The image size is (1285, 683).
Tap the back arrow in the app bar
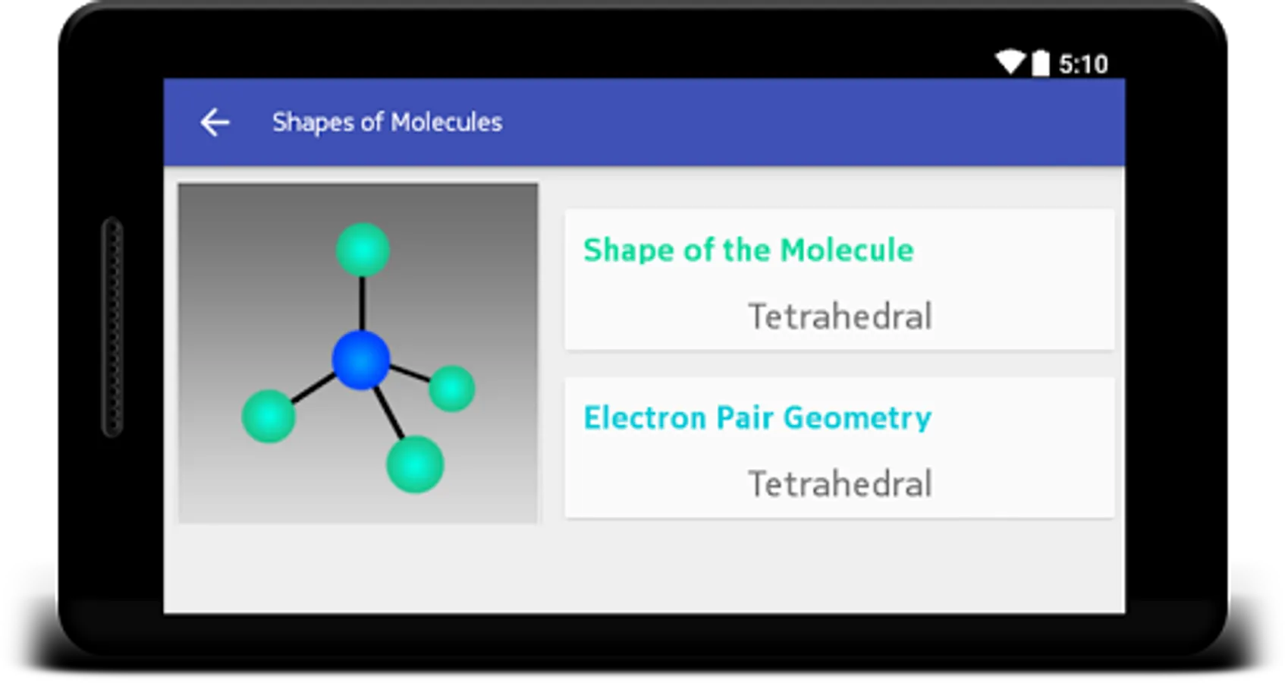pyautogui.click(x=215, y=122)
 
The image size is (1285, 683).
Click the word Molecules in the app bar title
pyautogui.click(x=448, y=122)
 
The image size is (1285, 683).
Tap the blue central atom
pyautogui.click(x=361, y=360)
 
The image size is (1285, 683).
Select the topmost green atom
pyautogui.click(x=363, y=250)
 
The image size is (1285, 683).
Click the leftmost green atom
pyautogui.click(x=269, y=416)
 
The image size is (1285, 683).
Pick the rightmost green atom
pyautogui.click(x=452, y=389)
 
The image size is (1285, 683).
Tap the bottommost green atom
pyautogui.click(x=416, y=464)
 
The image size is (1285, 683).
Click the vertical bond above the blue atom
pyautogui.click(x=362, y=304)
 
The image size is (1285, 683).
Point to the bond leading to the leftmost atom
pyautogui.click(x=313, y=389)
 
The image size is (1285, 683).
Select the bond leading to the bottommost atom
pyautogui.click(x=389, y=413)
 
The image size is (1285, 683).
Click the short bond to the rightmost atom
pyautogui.click(x=410, y=373)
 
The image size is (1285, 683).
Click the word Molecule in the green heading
pyautogui.click(x=847, y=250)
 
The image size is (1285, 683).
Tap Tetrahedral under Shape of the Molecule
pyautogui.click(x=840, y=316)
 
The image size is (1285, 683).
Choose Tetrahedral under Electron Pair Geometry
pyautogui.click(x=840, y=483)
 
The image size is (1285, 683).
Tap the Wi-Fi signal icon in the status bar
pyautogui.click(x=1010, y=62)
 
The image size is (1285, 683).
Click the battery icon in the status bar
pyautogui.click(x=1041, y=62)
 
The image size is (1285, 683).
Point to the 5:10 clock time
pyautogui.click(x=1084, y=65)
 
